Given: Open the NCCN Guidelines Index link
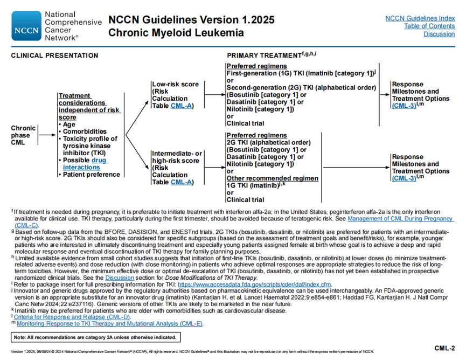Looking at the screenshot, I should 420,18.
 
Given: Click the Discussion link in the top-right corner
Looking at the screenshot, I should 439,34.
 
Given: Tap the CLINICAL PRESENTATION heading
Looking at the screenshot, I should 54,56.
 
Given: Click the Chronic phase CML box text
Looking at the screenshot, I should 24,135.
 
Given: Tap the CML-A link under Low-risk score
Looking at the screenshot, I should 182,106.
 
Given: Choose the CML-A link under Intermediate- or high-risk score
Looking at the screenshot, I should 182,182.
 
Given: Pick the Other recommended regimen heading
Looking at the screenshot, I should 272,178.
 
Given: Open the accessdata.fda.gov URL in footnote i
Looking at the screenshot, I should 254,284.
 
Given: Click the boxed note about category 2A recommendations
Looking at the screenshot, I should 95,337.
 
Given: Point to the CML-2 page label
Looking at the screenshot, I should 445,348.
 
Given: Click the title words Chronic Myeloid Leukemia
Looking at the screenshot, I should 176,33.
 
